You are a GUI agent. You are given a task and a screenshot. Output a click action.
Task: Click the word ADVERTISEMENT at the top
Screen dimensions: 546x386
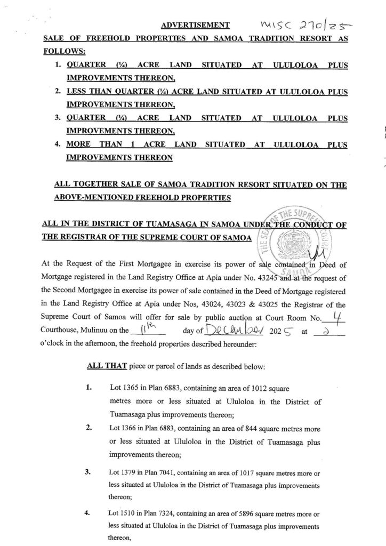pyautogui.click(x=195, y=25)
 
